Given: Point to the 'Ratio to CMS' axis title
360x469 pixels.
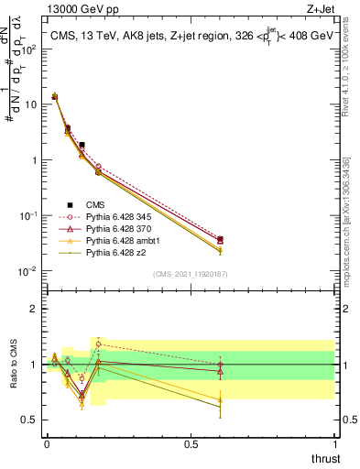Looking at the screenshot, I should (x=14, y=365).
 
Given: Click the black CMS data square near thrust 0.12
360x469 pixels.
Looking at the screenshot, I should (x=82, y=145).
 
